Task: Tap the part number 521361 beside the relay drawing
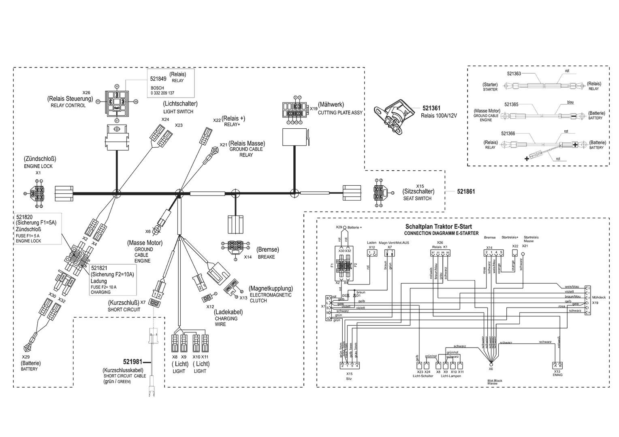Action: (x=431, y=108)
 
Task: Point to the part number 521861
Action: (x=466, y=191)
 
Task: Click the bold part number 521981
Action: (x=133, y=361)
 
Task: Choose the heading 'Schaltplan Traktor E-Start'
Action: (x=438, y=227)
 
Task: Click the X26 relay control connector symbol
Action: (x=116, y=101)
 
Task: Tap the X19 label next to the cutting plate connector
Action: (x=313, y=108)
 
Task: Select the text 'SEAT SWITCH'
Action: (x=417, y=199)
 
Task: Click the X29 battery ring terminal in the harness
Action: (x=28, y=348)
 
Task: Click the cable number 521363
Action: (x=514, y=74)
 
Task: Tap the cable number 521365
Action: (x=511, y=104)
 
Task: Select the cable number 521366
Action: (x=508, y=134)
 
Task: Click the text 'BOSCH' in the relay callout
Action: (x=157, y=88)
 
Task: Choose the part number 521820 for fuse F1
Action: (x=24, y=217)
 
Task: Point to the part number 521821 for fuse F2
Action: (x=99, y=268)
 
